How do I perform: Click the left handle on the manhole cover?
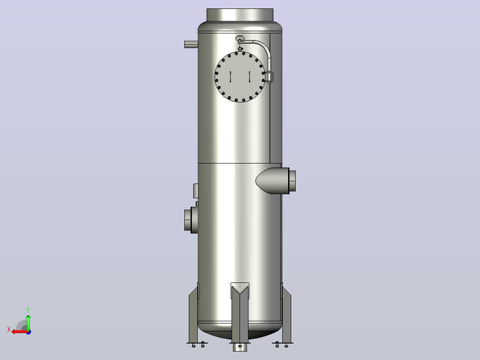230,77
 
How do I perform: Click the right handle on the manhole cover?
249,77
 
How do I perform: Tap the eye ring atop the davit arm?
240,38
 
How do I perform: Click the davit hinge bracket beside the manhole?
269,77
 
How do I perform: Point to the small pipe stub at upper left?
191,44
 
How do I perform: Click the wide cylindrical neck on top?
240,15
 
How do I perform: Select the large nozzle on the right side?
276,181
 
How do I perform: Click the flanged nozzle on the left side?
191,220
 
